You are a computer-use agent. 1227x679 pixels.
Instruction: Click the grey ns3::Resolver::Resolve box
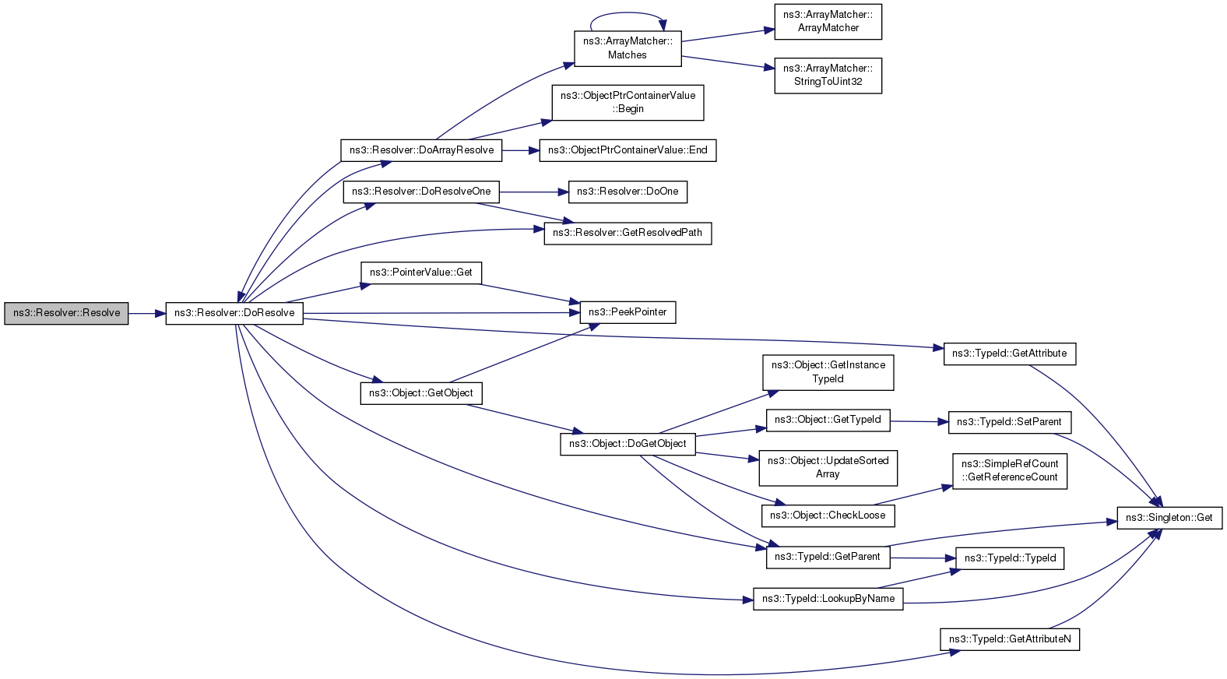pyautogui.click(x=66, y=314)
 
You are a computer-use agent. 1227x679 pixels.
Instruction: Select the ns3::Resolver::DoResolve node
pyautogui.click(x=234, y=314)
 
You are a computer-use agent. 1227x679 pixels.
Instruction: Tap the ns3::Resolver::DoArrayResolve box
pyautogui.click(x=421, y=150)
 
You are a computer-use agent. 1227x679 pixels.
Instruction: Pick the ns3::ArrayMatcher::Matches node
pyautogui.click(x=628, y=49)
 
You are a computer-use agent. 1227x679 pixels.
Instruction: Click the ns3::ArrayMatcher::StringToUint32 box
pyautogui.click(x=828, y=76)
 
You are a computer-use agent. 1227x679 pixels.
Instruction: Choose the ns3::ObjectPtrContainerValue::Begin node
pyautogui.click(x=628, y=103)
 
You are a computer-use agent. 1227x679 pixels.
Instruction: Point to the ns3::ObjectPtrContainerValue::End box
pyautogui.click(x=628, y=150)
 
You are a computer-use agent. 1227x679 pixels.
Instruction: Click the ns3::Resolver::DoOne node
pyautogui.click(x=628, y=192)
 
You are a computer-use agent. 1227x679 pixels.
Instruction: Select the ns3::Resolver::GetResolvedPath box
pyautogui.click(x=628, y=234)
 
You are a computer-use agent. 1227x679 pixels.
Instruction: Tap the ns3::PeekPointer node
pyautogui.click(x=628, y=312)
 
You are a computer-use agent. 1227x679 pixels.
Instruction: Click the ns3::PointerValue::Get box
pyautogui.click(x=421, y=273)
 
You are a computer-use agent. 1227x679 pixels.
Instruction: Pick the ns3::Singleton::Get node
pyautogui.click(x=1169, y=518)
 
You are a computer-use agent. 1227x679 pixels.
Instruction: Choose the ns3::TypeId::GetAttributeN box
pyautogui.click(x=1010, y=639)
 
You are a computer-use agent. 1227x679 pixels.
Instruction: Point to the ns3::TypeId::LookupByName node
pyautogui.click(x=828, y=599)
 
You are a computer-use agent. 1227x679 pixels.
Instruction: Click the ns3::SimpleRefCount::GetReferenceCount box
pyautogui.click(x=1010, y=471)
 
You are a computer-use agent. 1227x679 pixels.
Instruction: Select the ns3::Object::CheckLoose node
pyautogui.click(x=828, y=516)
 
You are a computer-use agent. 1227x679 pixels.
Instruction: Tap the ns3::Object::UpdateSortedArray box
pyautogui.click(x=828, y=468)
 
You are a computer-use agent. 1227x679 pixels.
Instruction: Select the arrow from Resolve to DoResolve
pyautogui.click(x=147, y=314)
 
